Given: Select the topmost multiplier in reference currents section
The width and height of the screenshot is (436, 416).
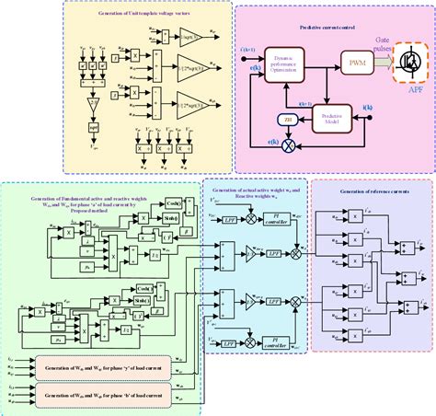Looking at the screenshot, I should [x=353, y=216].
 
